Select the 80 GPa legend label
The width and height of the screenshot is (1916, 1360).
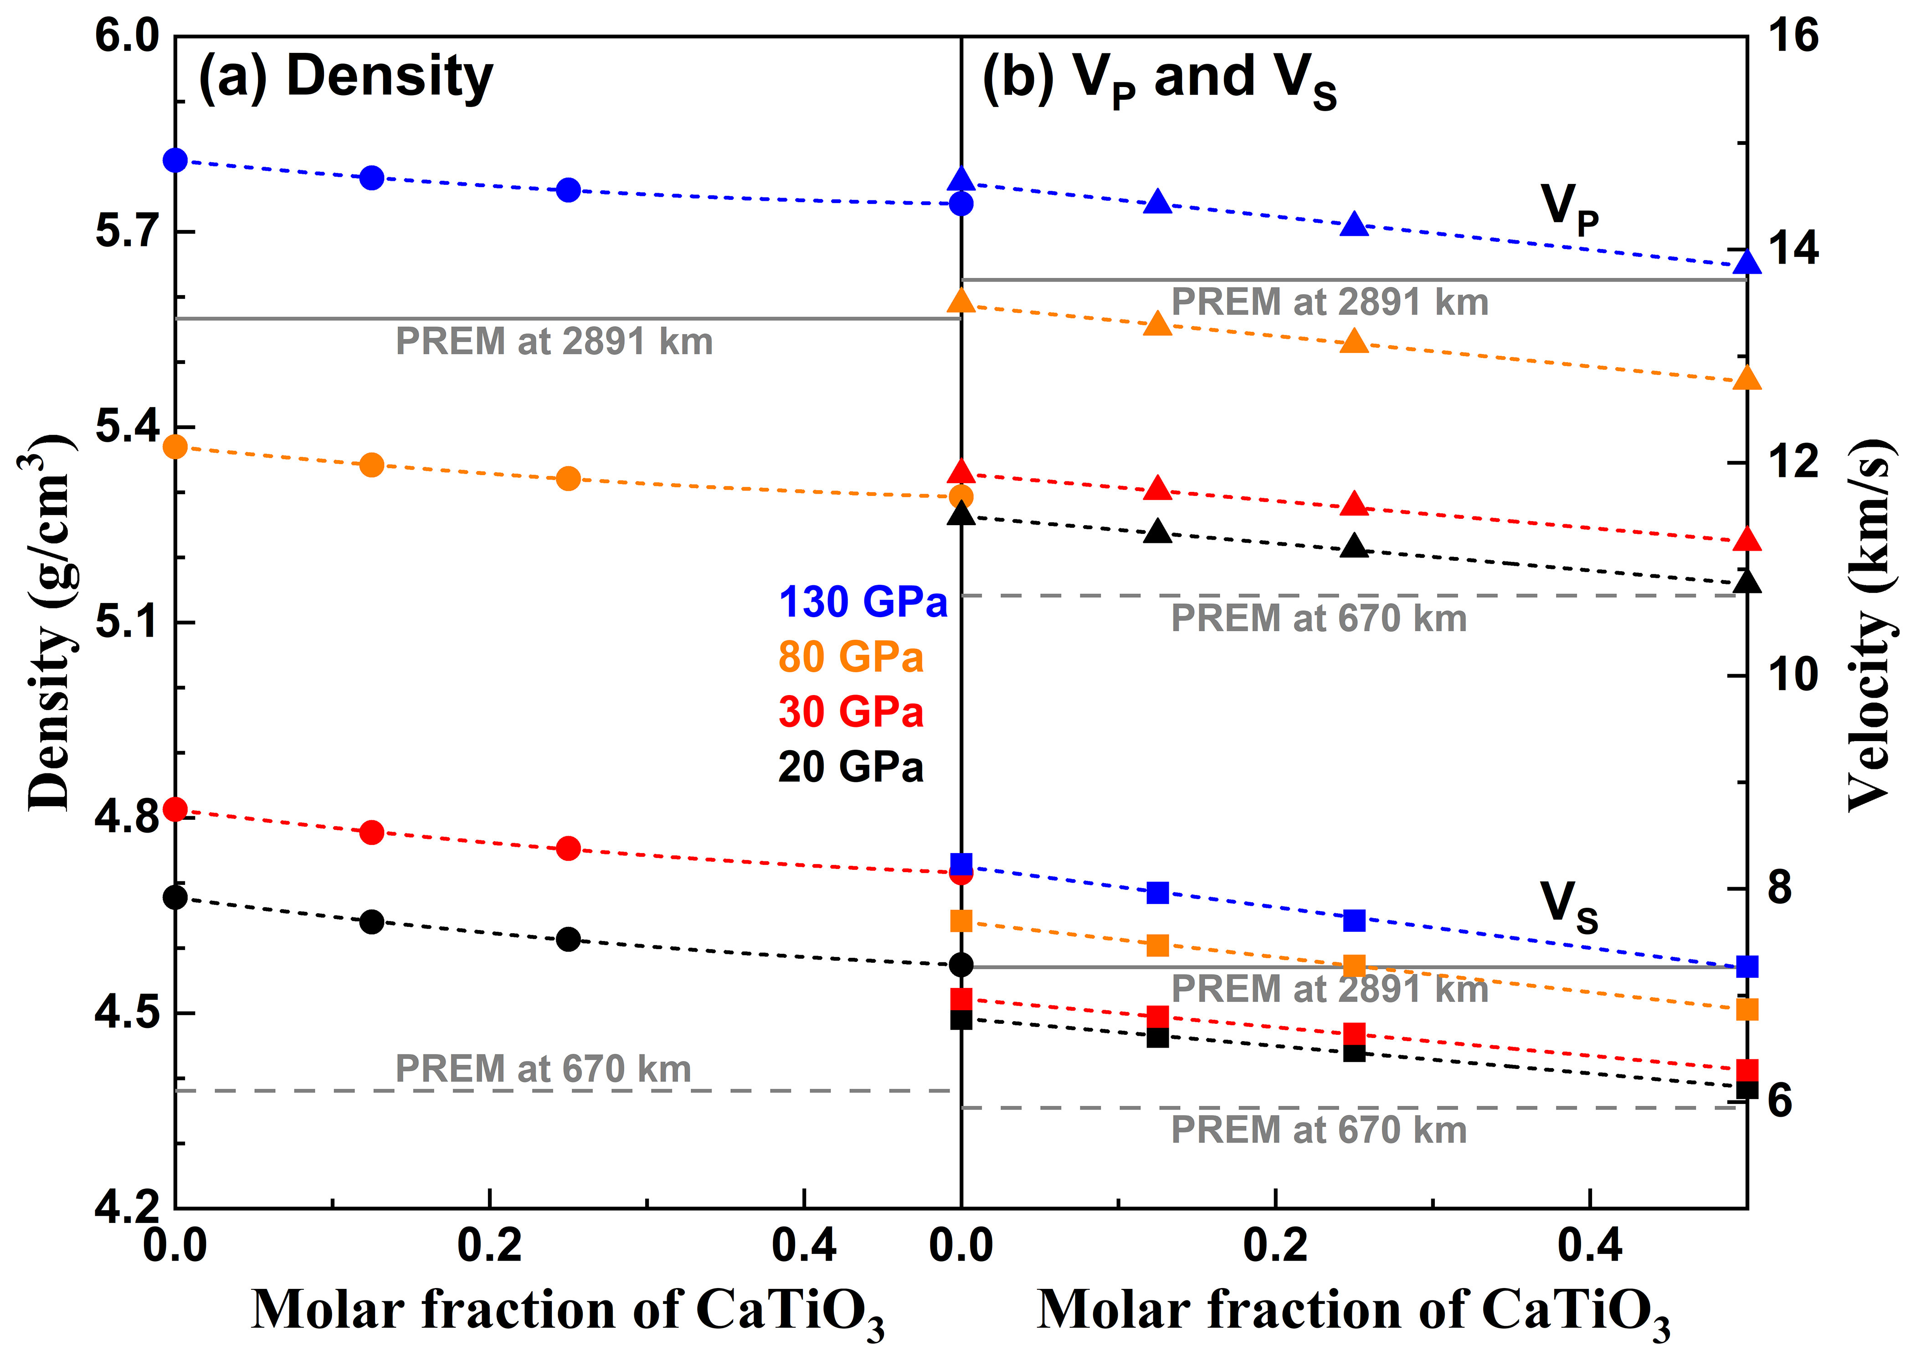point(850,657)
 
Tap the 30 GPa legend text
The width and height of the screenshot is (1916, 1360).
point(850,712)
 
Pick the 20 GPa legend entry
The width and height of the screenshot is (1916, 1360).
point(850,767)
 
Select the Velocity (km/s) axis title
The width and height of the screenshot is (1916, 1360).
point(1870,624)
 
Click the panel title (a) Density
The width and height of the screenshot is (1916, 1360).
point(346,77)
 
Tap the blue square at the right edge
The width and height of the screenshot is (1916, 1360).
point(1747,966)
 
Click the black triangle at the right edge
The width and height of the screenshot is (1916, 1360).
point(1747,582)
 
